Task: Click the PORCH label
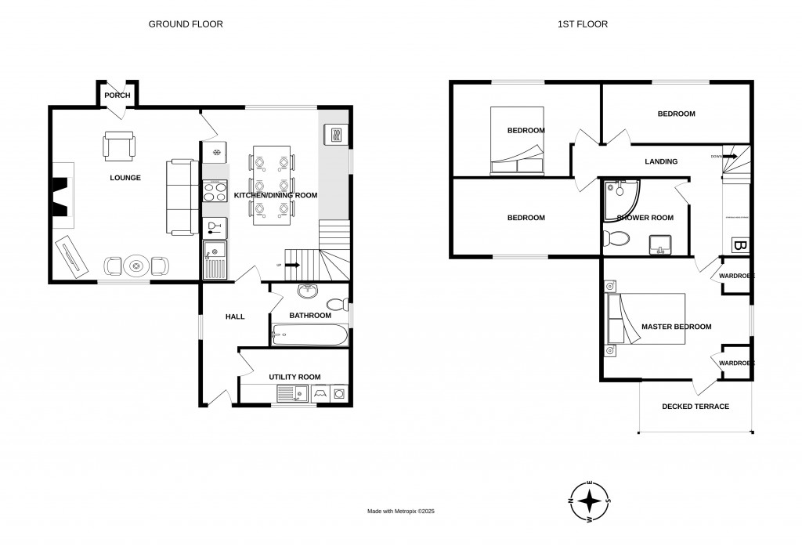click(x=117, y=96)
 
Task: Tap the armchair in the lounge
click(x=119, y=146)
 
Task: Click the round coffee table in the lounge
click(x=138, y=266)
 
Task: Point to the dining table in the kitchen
click(x=271, y=185)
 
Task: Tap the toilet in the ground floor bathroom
click(x=336, y=304)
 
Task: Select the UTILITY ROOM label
click(x=294, y=377)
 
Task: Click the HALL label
click(x=235, y=316)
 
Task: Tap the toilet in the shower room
click(x=618, y=239)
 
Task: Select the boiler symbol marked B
click(x=739, y=246)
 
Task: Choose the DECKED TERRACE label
click(x=695, y=407)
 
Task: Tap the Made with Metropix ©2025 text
click(x=401, y=512)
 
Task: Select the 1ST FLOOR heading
click(x=582, y=24)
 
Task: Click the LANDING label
click(x=661, y=161)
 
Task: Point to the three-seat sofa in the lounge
click(x=181, y=197)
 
